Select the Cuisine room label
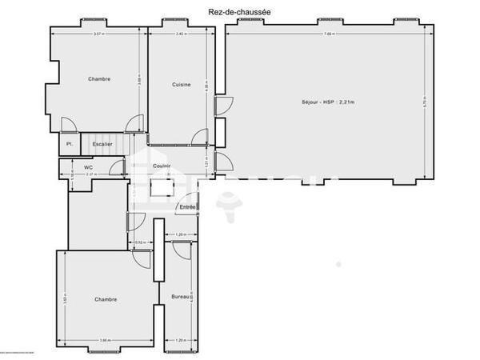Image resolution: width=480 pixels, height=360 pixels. click(x=182, y=85)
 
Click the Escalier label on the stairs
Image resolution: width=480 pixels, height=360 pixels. click(x=102, y=144)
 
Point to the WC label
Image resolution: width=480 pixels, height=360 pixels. click(x=88, y=167)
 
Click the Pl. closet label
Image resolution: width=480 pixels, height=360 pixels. click(x=70, y=144)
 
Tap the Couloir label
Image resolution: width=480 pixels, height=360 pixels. click(x=162, y=166)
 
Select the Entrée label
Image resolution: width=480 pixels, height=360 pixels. click(x=187, y=207)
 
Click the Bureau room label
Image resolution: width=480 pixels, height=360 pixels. click(x=181, y=297)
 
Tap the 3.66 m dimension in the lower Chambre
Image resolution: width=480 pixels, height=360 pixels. click(x=104, y=341)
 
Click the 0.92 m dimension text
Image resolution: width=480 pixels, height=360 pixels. click(x=139, y=242)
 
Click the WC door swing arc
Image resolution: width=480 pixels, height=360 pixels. click(x=118, y=167)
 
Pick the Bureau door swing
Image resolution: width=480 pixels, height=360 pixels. click(x=181, y=250)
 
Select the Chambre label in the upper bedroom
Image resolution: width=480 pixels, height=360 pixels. click(x=99, y=79)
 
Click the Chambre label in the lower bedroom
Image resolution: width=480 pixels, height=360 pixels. click(x=106, y=299)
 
